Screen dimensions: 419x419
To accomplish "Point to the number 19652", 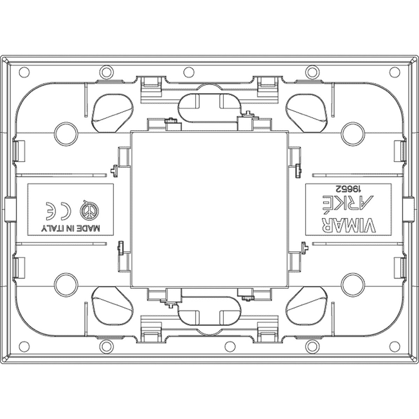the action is (x=347, y=189).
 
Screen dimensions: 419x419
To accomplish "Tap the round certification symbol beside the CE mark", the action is (x=89, y=211).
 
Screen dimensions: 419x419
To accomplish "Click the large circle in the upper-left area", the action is (x=66, y=133).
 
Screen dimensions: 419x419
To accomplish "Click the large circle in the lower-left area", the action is (x=66, y=285).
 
